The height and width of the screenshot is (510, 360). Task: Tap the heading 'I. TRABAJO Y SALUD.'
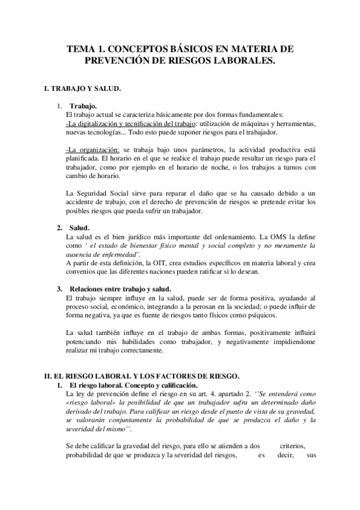coord(84,89)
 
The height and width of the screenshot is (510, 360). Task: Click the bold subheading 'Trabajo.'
coord(83,107)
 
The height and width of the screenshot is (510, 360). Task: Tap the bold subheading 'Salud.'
coord(79,229)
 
